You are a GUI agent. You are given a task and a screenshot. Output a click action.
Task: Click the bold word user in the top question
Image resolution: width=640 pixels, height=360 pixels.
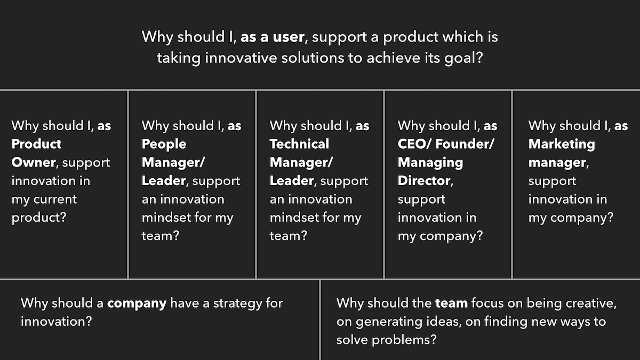289,37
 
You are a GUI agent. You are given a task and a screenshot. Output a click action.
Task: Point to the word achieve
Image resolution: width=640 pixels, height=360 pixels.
394,58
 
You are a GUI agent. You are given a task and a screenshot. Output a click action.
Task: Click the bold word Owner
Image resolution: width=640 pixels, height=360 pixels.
34,162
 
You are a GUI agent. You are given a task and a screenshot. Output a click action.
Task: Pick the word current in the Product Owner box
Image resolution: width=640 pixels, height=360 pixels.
55,199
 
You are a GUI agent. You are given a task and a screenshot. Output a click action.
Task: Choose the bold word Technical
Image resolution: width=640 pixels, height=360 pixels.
299,143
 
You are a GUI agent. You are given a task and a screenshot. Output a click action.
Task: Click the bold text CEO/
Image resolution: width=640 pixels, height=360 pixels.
414,143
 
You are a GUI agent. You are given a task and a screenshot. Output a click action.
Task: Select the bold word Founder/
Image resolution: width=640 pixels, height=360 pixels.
465,143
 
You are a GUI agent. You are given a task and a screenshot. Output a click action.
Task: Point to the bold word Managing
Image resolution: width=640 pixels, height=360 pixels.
430,163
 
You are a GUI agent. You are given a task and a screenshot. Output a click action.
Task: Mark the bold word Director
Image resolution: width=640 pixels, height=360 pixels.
424,181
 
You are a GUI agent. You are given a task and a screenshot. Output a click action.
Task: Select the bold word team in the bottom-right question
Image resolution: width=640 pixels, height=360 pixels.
451,303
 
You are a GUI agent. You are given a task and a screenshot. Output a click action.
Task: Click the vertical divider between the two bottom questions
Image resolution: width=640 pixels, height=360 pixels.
320,319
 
